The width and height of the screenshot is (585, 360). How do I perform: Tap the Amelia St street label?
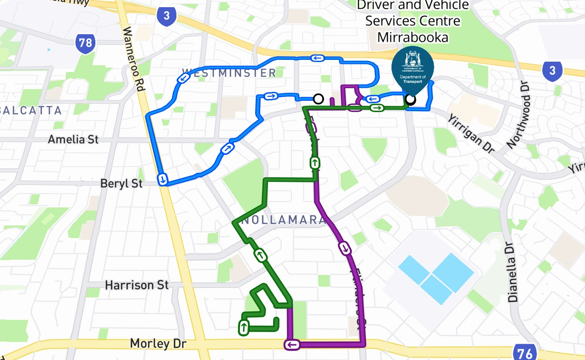pyautogui.click(x=73, y=139)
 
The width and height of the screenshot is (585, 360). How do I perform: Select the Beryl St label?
pyautogui.click(x=121, y=184)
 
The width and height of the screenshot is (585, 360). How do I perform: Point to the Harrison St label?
pyautogui.click(x=137, y=285)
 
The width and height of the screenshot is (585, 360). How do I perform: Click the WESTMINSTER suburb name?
pyautogui.click(x=229, y=73)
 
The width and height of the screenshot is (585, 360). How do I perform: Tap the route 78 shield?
pyautogui.click(x=85, y=43)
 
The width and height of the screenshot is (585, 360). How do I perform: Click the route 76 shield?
pyautogui.click(x=524, y=353)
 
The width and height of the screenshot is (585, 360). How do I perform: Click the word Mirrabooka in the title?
pyautogui.click(x=413, y=37)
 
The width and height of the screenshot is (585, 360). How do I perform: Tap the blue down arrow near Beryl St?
pyautogui.click(x=162, y=179)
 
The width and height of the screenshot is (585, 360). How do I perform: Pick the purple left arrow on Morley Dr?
pyautogui.click(x=292, y=345)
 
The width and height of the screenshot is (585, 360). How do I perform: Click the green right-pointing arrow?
pyautogui.click(x=377, y=108)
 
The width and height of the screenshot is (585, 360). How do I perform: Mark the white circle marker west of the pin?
pyautogui.click(x=318, y=99)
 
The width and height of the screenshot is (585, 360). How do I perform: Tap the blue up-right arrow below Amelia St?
pyautogui.click(x=228, y=148)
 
